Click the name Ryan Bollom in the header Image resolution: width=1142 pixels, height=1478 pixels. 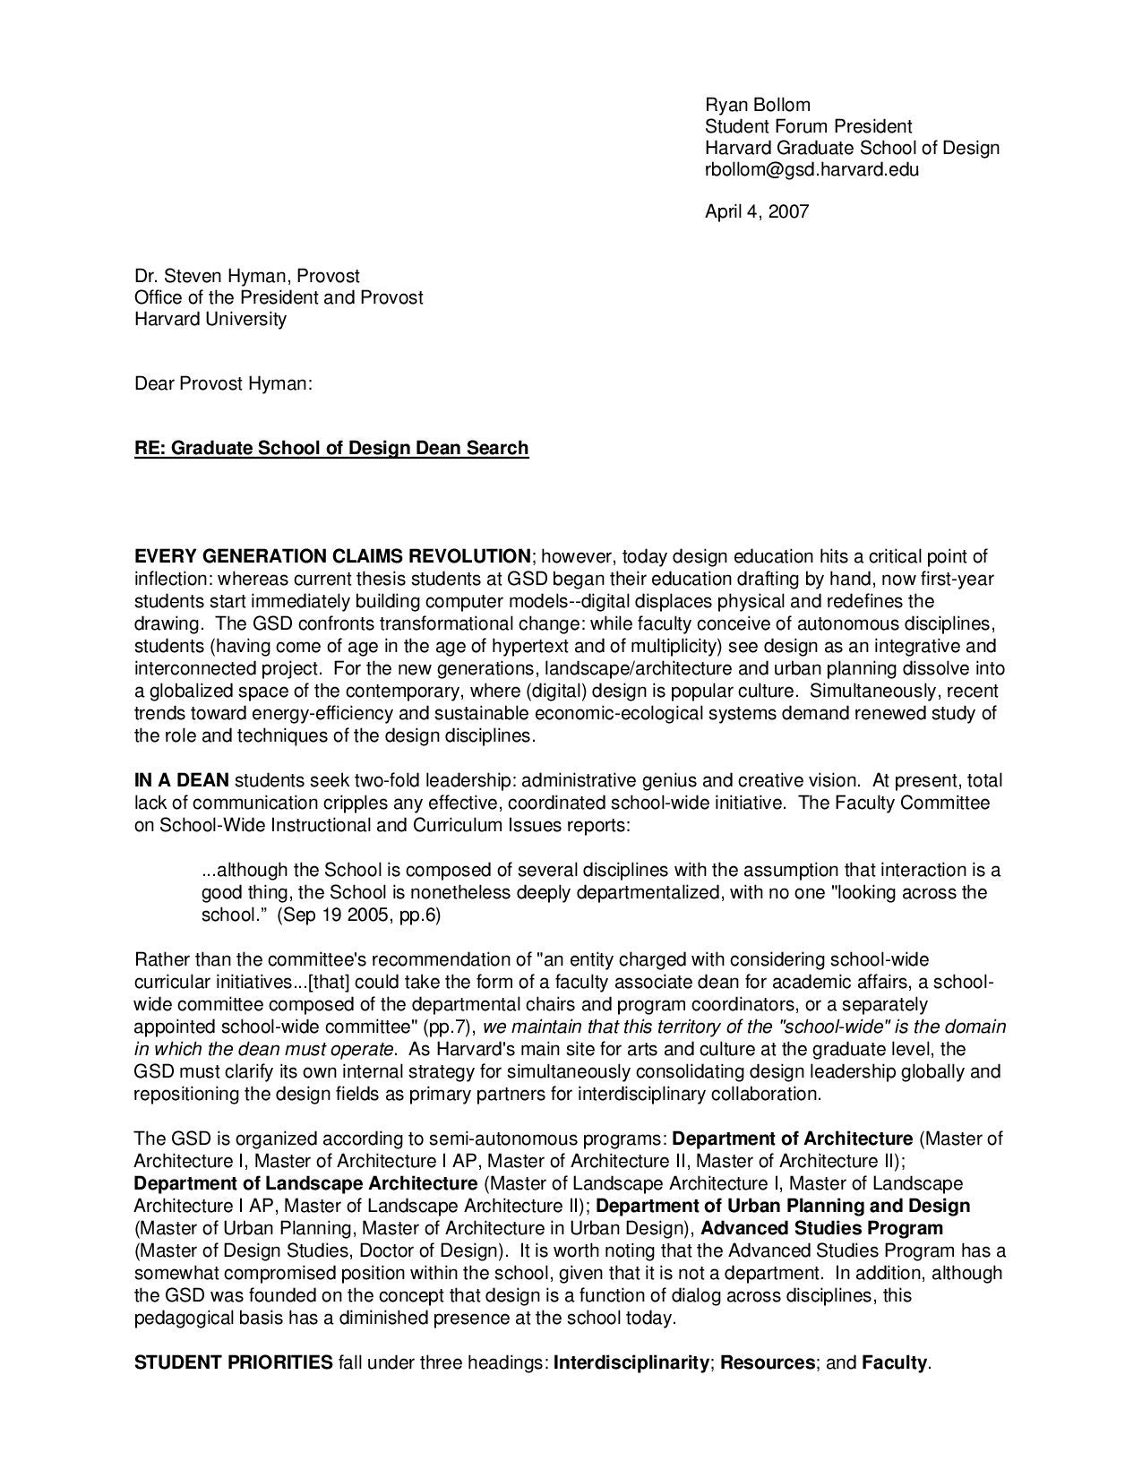(x=757, y=105)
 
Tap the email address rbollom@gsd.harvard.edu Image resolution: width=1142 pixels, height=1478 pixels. (x=811, y=169)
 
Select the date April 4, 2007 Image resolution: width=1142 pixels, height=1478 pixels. (x=757, y=212)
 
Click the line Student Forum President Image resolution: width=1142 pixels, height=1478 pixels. (x=808, y=126)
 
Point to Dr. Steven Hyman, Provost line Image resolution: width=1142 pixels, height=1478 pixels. (x=247, y=277)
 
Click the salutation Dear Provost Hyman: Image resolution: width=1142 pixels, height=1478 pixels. (x=223, y=384)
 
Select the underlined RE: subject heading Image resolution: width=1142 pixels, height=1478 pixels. (x=331, y=448)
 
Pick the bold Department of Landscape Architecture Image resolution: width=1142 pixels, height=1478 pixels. (x=305, y=1184)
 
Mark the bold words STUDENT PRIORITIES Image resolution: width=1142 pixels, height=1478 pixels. (x=233, y=1363)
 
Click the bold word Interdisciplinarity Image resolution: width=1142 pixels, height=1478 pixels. (x=631, y=1363)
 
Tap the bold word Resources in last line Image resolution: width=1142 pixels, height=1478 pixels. (x=768, y=1363)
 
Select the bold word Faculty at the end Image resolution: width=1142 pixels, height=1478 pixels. (x=895, y=1363)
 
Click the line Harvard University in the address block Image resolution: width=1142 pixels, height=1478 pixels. (x=210, y=320)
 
